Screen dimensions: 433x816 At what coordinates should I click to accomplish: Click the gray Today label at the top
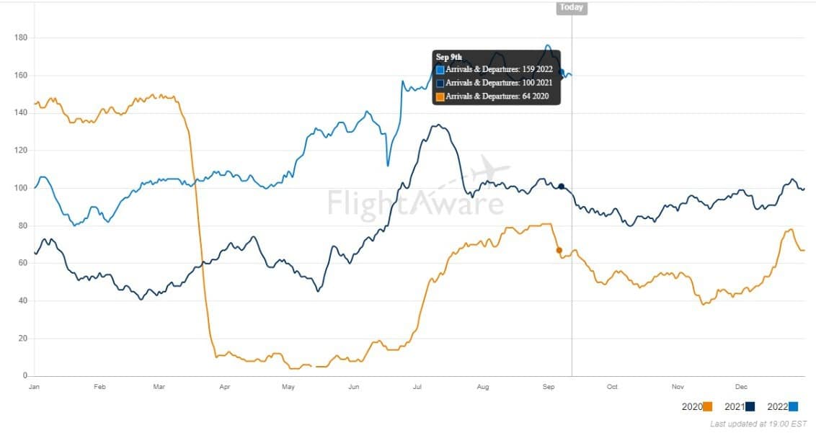tap(572, 7)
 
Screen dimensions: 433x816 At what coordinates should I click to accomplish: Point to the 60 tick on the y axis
tap(22, 263)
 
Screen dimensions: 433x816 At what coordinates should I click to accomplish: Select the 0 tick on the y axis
tap(25, 375)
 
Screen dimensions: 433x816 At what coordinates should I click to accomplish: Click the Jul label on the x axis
tap(417, 387)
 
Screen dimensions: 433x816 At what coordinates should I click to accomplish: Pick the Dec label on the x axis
tap(741, 387)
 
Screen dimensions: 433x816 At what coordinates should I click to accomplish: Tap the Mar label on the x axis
tap(159, 387)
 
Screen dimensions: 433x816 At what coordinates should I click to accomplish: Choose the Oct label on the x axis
tap(612, 387)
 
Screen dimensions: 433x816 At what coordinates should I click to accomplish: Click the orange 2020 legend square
tap(709, 407)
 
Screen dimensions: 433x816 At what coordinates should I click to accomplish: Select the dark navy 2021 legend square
tap(750, 407)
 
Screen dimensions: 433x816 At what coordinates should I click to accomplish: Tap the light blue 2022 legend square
tap(793, 407)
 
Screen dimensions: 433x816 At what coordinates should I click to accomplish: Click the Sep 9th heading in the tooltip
tap(448, 57)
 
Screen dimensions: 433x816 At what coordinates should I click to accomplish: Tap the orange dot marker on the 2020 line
tap(559, 250)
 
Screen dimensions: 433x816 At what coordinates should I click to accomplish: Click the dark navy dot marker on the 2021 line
tap(561, 187)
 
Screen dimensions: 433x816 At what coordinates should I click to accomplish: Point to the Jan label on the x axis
tap(34, 387)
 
